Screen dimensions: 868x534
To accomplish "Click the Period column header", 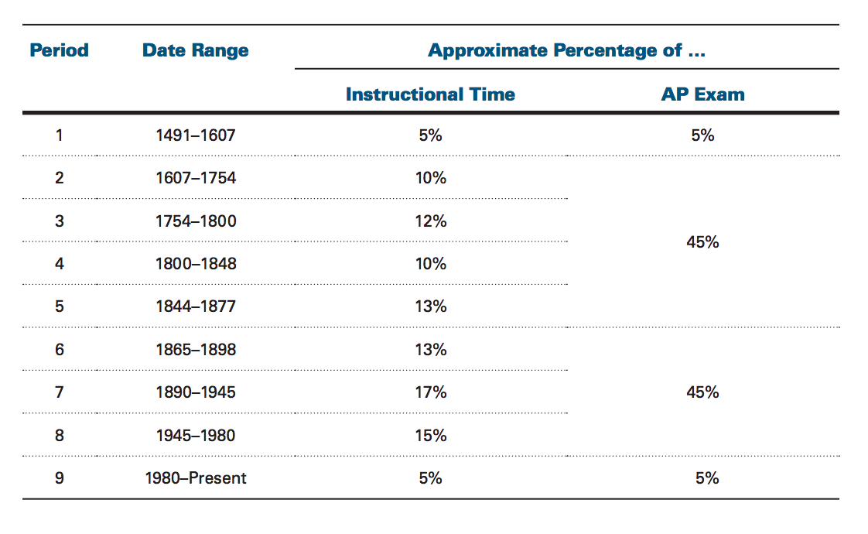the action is tap(60, 50).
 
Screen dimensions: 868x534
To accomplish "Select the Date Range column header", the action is tap(196, 51).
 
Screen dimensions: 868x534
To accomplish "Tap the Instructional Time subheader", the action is tap(430, 94).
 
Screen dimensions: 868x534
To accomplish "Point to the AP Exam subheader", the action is tap(702, 94).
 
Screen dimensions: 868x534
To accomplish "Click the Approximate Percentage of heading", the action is tap(567, 50).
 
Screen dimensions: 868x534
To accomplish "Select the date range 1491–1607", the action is tap(196, 135).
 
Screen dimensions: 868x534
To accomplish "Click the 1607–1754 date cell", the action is tap(196, 178).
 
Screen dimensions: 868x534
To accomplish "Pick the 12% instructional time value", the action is tap(431, 221).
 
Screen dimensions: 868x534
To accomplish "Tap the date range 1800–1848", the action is tap(196, 264).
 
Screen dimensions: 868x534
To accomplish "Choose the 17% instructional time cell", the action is tap(431, 392).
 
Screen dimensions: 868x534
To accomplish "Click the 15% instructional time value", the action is tap(431, 436).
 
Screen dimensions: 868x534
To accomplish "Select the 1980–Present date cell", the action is tap(196, 478).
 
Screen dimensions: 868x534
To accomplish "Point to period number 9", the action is tap(60, 478).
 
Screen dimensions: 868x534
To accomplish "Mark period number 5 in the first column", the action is tap(60, 306).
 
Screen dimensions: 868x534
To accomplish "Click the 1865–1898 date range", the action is tap(196, 350).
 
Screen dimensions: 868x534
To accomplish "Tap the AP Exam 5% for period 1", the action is tap(702, 135).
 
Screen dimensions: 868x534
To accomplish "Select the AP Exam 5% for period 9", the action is tap(707, 478).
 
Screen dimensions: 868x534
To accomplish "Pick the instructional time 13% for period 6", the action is tap(431, 350).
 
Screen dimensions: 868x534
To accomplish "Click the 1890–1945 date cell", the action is tap(196, 392).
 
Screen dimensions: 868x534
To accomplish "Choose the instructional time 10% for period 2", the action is tap(431, 178).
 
